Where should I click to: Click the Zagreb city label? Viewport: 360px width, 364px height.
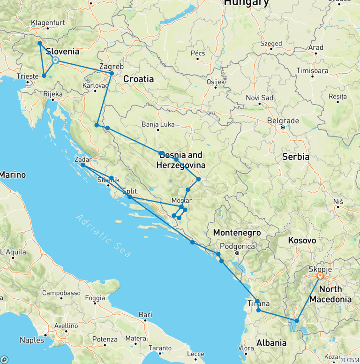point(112,67)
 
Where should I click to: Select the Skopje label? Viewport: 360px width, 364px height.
point(320,269)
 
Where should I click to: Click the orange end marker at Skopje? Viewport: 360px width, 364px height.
point(320,276)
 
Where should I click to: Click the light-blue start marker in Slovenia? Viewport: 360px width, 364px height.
point(55,60)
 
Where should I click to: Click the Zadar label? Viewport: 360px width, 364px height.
point(83,159)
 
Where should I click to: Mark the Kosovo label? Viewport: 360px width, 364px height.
point(302,240)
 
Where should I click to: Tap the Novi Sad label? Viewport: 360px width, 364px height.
point(259,98)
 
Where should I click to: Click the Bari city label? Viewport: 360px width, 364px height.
point(145,314)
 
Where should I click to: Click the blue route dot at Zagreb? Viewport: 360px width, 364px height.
point(112,74)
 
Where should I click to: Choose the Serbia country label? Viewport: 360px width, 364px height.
point(296,157)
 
